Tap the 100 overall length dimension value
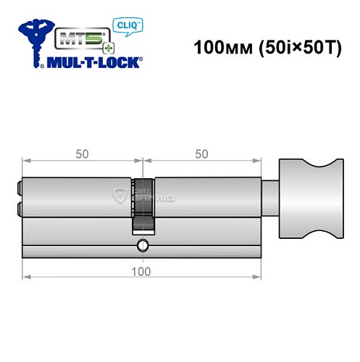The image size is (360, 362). pyautogui.click(x=142, y=271)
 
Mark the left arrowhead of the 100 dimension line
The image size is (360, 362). pyautogui.click(x=25, y=276)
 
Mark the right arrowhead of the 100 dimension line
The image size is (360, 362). pyautogui.click(x=259, y=276)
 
